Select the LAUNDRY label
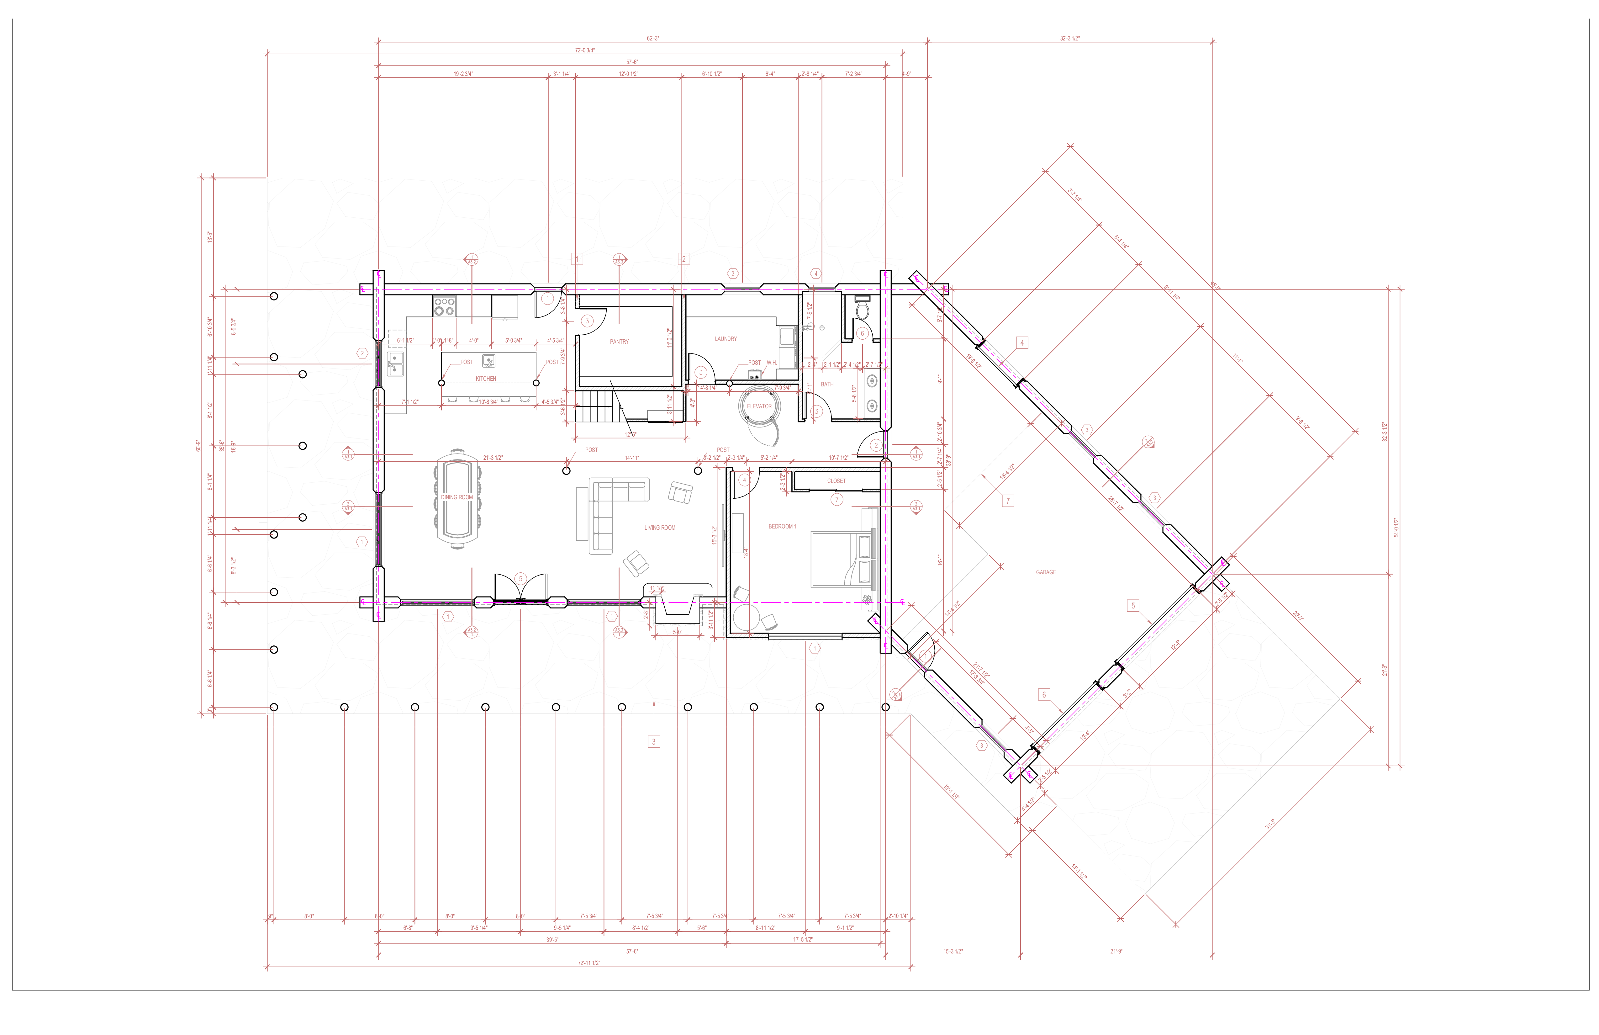tap(726, 339)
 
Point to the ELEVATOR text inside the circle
tap(759, 406)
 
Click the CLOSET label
tap(836, 480)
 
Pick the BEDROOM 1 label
tap(782, 526)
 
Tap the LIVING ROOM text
tap(660, 528)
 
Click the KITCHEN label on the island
tap(486, 378)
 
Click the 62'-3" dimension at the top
tap(652, 38)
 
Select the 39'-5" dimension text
tap(551, 940)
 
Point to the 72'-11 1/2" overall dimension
tap(588, 963)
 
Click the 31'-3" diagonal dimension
tap(1270, 824)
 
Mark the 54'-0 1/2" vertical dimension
tap(1396, 528)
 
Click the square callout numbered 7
tap(1007, 501)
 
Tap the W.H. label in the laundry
tap(771, 363)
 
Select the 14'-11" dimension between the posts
tap(631, 458)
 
